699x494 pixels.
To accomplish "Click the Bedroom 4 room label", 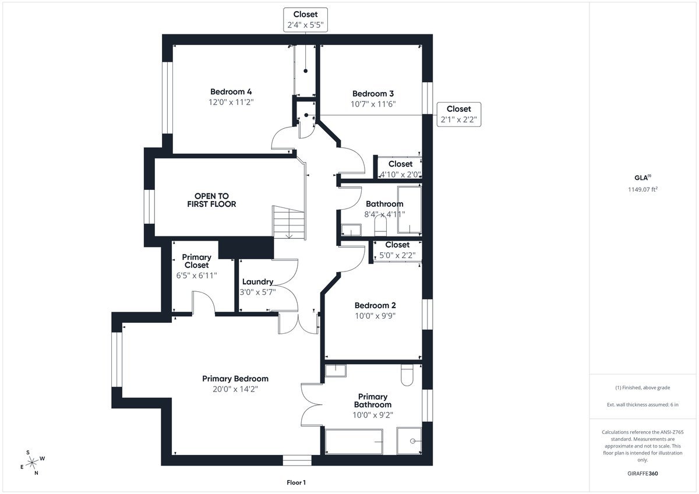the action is pos(231,91).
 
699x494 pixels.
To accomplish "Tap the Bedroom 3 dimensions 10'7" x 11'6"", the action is pos(373,104).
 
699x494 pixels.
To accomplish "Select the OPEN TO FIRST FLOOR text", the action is pos(211,200).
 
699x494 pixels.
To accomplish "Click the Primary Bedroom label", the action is pos(235,379).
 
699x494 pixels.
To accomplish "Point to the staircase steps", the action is pos(289,222).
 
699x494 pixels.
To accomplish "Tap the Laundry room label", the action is pos(257,282).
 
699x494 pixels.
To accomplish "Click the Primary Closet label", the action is pos(197,261).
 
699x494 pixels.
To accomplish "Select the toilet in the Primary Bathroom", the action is pos(407,375).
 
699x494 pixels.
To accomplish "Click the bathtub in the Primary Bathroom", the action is pos(354,442).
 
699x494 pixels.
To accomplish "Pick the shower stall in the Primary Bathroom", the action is pos(409,440).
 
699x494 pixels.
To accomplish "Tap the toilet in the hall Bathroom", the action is pos(380,225).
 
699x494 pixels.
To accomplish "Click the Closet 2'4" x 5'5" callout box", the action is pos(305,20).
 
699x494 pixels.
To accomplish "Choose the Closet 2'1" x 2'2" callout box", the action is pos(459,114).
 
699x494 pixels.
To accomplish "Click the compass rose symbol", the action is pos(32,462).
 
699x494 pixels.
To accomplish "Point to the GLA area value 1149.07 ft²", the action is pos(643,189).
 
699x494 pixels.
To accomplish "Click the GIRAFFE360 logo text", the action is pos(642,474).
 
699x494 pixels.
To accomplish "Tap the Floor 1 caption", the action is pos(296,482).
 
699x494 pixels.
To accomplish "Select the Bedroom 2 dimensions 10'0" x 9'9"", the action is pos(375,316).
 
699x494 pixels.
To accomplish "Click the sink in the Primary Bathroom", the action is pos(336,370).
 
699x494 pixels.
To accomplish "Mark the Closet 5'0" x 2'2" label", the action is pos(397,250).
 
